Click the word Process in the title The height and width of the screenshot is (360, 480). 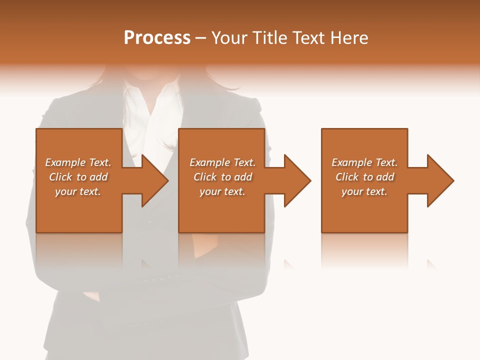[x=157, y=38]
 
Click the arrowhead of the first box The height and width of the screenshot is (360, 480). [x=153, y=180]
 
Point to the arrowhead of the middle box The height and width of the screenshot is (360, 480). [x=296, y=180]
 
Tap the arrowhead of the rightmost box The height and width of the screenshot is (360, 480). [x=439, y=180]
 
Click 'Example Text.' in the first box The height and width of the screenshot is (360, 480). [x=78, y=162]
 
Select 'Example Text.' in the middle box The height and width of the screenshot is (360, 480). [x=222, y=162]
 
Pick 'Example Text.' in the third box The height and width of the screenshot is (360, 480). [x=364, y=162]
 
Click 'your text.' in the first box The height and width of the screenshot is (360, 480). [x=78, y=191]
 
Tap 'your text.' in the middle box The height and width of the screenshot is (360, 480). [x=222, y=191]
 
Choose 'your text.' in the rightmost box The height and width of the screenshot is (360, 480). [x=364, y=191]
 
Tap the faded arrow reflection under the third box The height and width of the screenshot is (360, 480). [x=430, y=263]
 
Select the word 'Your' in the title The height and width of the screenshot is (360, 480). [x=228, y=38]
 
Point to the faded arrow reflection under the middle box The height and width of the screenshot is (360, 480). [x=288, y=263]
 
